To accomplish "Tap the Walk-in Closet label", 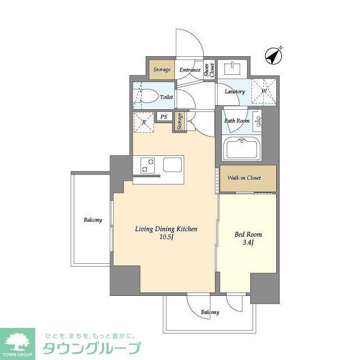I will (x=244, y=178).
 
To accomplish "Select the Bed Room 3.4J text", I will (x=247, y=238).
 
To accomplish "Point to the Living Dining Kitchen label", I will (x=166, y=233).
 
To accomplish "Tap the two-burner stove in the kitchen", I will (x=147, y=165).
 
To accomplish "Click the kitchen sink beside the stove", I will (x=173, y=166).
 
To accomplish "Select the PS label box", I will (x=164, y=117).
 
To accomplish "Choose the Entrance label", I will (x=190, y=70).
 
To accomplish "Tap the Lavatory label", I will (x=235, y=92).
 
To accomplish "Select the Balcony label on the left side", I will (x=93, y=220).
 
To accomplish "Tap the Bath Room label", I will (x=237, y=120).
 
